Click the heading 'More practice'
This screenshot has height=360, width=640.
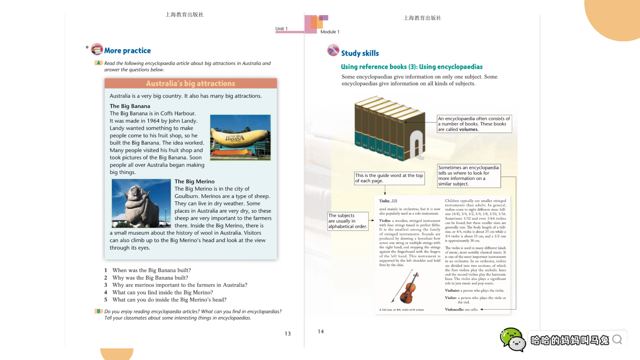pyautogui.click(x=127, y=51)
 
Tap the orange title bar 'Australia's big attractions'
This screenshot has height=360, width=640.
pyautogui.click(x=190, y=83)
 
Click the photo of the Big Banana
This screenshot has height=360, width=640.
pyautogui.click(x=240, y=137)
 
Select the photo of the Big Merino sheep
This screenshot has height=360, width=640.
pyautogui.click(x=141, y=203)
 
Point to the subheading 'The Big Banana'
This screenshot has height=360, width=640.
pyautogui.click(x=130, y=106)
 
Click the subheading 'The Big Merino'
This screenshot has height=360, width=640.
pyautogui.click(x=194, y=181)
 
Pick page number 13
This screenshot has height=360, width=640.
pyautogui.click(x=287, y=334)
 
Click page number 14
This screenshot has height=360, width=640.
pyautogui.click(x=320, y=331)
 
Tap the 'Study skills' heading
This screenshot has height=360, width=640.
pyautogui.click(x=360, y=53)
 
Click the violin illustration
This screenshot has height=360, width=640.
pyautogui.click(x=407, y=287)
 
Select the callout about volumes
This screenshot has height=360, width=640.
pyautogui.click(x=474, y=124)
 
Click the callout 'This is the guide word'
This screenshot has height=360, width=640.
pyautogui.click(x=389, y=178)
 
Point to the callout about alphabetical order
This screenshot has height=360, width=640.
pyautogui.click(x=348, y=221)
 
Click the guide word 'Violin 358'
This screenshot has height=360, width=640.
pyautogui.click(x=388, y=201)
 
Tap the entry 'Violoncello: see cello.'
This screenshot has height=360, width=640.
pyautogui.click(x=461, y=310)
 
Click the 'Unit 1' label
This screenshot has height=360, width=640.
pyautogui.click(x=281, y=29)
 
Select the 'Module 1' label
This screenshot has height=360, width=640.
pyautogui.click(x=330, y=32)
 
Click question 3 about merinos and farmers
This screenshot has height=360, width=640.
pyautogui.click(x=179, y=285)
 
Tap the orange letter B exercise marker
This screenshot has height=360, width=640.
pyautogui.click(x=98, y=311)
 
